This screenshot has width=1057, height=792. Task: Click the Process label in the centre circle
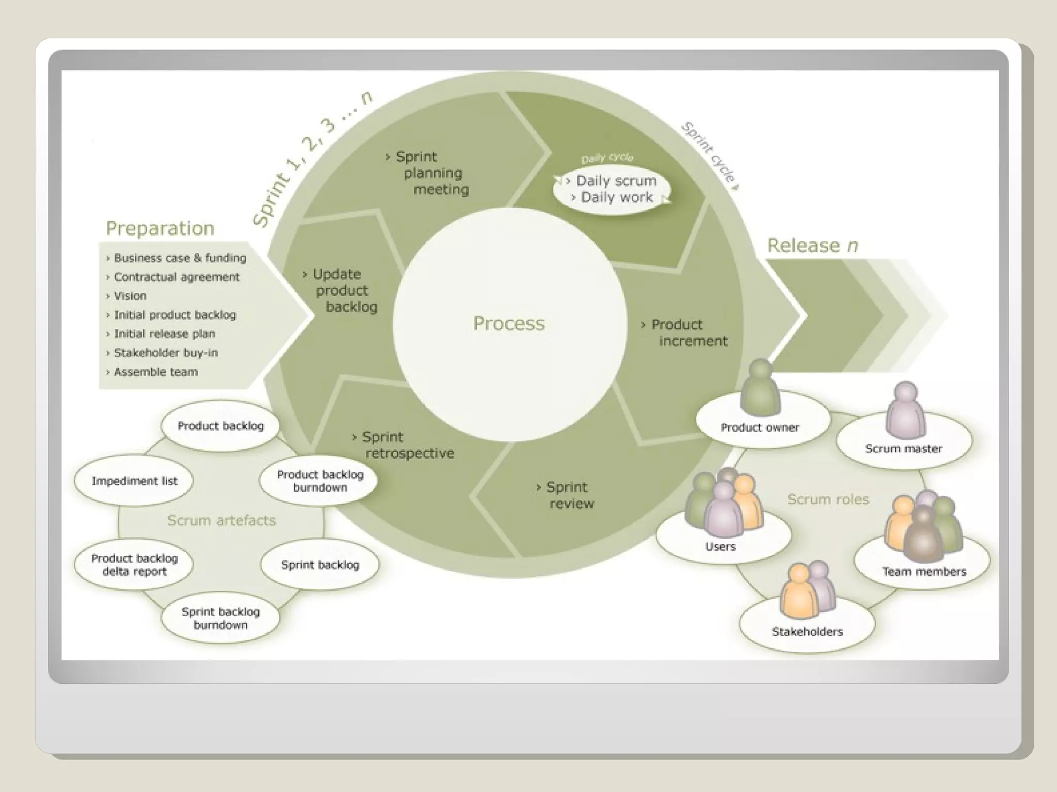pyautogui.click(x=509, y=323)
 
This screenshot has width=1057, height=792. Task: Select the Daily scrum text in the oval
pyautogui.click(x=616, y=181)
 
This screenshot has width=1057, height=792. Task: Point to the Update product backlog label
pyautogui.click(x=343, y=290)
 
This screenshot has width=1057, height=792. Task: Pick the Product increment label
pyautogui.click(x=687, y=333)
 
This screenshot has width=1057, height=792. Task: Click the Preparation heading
pyautogui.click(x=160, y=228)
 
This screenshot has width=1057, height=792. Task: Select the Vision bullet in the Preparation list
pyautogui.click(x=130, y=296)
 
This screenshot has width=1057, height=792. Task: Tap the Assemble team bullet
pyautogui.click(x=155, y=372)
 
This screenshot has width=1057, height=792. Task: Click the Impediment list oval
pyautogui.click(x=134, y=481)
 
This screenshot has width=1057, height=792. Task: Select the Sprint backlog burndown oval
pyautogui.click(x=220, y=618)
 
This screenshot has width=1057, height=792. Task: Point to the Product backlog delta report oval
pyautogui.click(x=134, y=565)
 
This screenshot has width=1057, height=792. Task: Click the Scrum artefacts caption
pyautogui.click(x=221, y=520)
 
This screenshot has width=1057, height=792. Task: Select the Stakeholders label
pyautogui.click(x=807, y=632)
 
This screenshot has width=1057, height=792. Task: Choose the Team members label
pyautogui.click(x=924, y=571)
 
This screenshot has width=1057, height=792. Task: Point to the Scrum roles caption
pyautogui.click(x=828, y=499)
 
